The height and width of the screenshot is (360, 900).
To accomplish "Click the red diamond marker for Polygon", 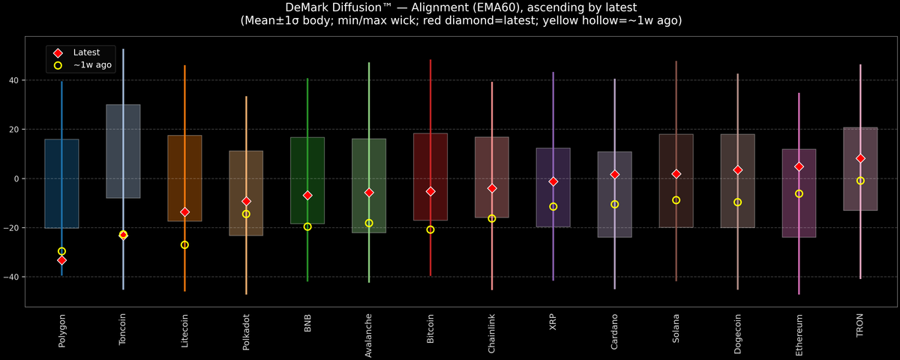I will [61, 260].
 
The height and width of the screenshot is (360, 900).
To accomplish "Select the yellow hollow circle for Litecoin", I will [184, 245].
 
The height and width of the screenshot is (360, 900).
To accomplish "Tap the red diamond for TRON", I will [860, 158].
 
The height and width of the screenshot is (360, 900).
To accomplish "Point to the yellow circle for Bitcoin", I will [430, 229].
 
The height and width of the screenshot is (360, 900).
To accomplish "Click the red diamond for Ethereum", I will [799, 166].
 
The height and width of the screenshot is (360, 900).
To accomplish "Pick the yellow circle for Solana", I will [676, 200].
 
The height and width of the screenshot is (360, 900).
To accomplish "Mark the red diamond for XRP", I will [553, 181].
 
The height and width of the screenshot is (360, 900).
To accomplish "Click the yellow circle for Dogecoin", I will [737, 202].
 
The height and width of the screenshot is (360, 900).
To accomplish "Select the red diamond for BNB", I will [307, 195].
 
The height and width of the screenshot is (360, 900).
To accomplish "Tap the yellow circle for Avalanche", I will [369, 223].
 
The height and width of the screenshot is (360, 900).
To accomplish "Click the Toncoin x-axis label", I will [123, 330].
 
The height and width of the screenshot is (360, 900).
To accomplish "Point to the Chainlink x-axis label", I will [492, 333].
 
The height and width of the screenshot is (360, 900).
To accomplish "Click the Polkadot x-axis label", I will [246, 331].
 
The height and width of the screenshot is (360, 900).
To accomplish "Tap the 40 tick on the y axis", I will [15, 80].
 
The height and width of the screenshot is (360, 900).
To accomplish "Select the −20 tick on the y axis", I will [13, 228].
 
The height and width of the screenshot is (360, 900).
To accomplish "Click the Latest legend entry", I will [85, 52].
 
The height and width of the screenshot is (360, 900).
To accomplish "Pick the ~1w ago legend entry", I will [92, 65].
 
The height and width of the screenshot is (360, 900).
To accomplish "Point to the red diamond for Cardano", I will [615, 175].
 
